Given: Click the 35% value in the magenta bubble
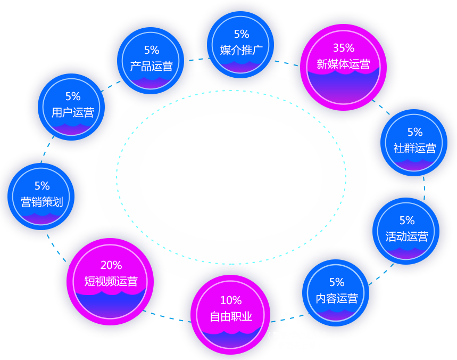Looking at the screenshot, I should click(x=343, y=48).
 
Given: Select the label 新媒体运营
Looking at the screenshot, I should click(x=343, y=65).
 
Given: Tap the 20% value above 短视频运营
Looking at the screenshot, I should click(x=111, y=265).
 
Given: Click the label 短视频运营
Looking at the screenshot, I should click(x=111, y=281).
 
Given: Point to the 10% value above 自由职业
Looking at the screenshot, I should click(x=231, y=300).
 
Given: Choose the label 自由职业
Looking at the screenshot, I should click(x=231, y=317).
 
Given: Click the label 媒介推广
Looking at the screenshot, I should click(x=242, y=51).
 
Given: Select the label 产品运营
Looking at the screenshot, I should click(x=152, y=67).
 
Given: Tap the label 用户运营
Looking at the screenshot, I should click(x=73, y=112).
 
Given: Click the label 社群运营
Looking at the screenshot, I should click(x=415, y=148).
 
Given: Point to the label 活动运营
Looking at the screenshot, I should click(x=406, y=236).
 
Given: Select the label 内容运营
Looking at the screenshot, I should click(x=337, y=298).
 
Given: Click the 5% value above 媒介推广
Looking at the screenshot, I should click(x=242, y=34).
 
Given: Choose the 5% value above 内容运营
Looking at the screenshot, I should click(x=337, y=282).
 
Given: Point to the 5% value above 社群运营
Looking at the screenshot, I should click(x=415, y=132).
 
